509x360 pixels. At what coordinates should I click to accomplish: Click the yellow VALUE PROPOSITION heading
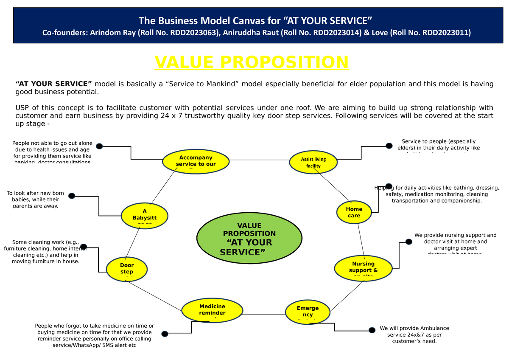(252, 62)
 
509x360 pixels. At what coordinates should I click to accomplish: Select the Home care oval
(354, 212)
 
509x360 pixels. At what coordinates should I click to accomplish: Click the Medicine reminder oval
(212, 310)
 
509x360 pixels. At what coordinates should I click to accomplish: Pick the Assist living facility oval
(313, 162)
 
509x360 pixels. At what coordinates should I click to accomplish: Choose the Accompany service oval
(196, 161)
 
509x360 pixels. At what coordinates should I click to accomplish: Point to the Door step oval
(126, 269)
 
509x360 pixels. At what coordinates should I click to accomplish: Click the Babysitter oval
(145, 215)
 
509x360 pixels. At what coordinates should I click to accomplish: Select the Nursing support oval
(363, 268)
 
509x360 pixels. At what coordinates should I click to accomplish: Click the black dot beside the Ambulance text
(372, 330)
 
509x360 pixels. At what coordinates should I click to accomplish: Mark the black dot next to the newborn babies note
(72, 196)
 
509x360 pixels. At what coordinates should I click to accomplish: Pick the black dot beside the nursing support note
(408, 242)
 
